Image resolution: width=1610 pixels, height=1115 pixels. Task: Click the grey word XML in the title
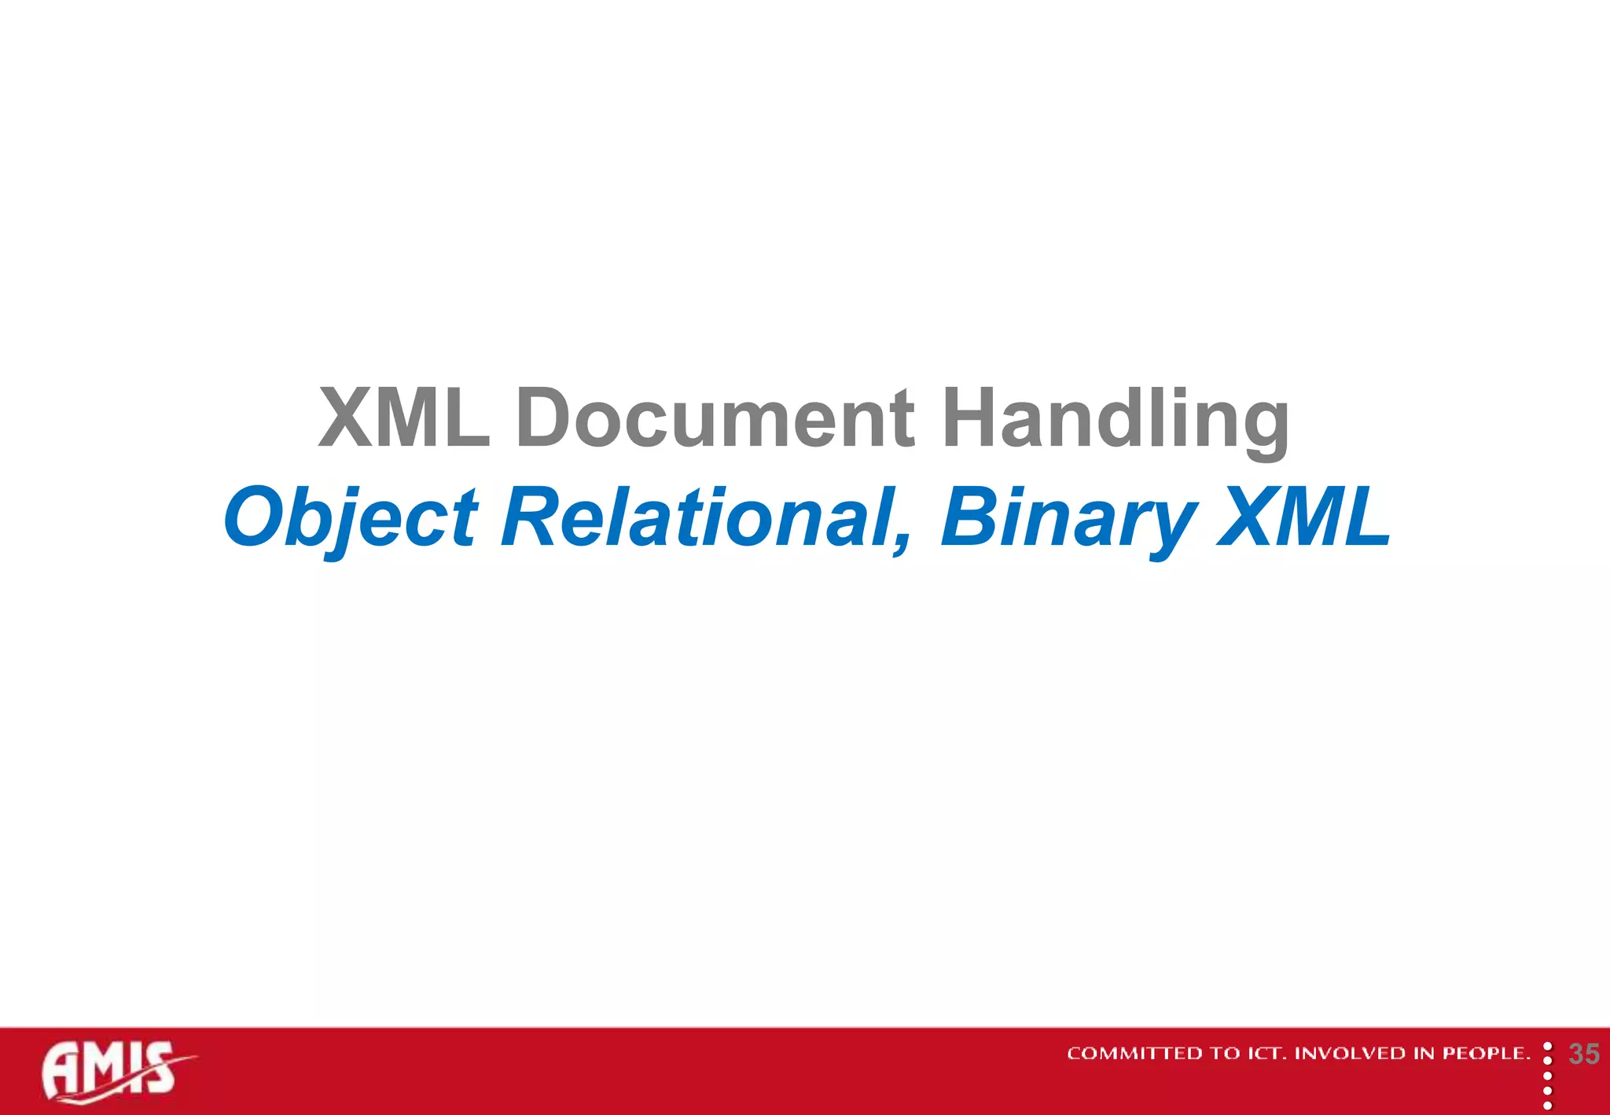pyautogui.click(x=404, y=418)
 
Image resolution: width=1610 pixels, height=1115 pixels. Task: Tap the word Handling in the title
pyautogui.click(x=1116, y=418)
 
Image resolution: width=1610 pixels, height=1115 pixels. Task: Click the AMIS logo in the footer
pyautogui.click(x=114, y=1071)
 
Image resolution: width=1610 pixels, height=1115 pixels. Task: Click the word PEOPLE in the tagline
pyautogui.click(x=1485, y=1054)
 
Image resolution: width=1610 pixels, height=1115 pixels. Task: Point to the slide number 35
pyautogui.click(x=1583, y=1054)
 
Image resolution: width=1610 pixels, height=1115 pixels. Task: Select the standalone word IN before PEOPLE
pyautogui.click(x=1425, y=1054)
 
